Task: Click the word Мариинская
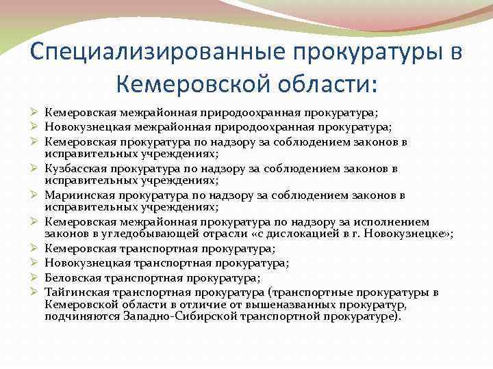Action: coord(75,195)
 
